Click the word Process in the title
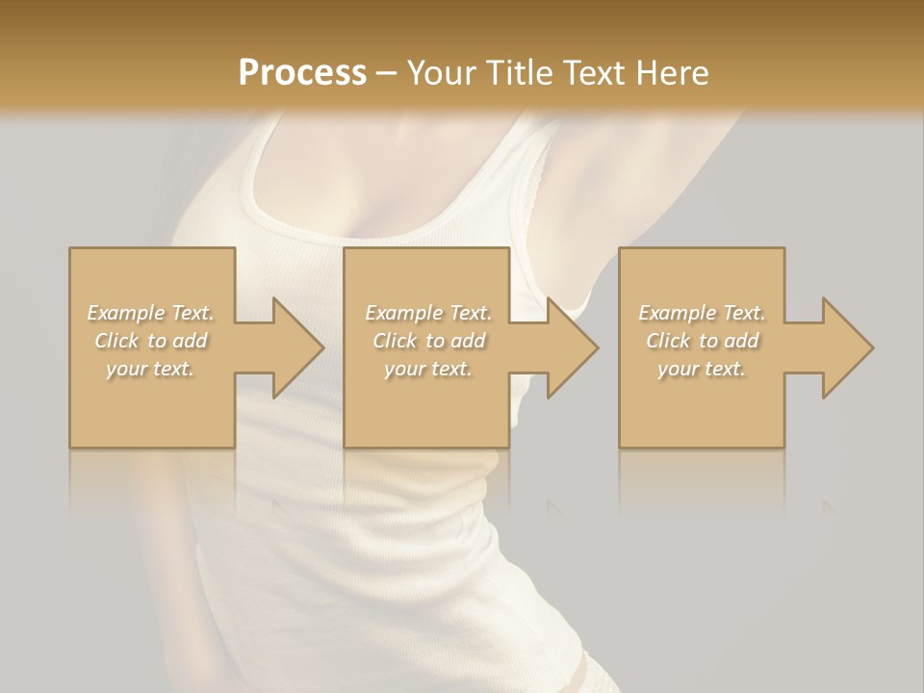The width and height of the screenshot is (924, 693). [x=302, y=73]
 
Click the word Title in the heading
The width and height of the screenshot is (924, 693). [x=518, y=73]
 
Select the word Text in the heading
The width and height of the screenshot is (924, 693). [x=591, y=73]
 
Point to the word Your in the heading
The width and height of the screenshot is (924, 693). [x=442, y=73]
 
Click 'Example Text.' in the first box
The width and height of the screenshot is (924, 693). [x=151, y=313]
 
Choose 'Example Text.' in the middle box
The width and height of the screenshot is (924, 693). [x=428, y=313]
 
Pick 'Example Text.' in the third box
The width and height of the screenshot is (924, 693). [x=702, y=313]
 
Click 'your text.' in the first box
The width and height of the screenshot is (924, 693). [x=150, y=369]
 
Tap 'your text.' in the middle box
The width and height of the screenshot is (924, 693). [x=427, y=369]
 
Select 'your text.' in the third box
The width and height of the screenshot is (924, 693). [x=701, y=369]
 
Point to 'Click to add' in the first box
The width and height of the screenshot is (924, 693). [x=151, y=341]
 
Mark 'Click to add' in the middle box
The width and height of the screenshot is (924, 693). [x=428, y=341]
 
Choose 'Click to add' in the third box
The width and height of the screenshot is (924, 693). [x=702, y=341]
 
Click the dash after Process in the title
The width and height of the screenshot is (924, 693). [x=387, y=74]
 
